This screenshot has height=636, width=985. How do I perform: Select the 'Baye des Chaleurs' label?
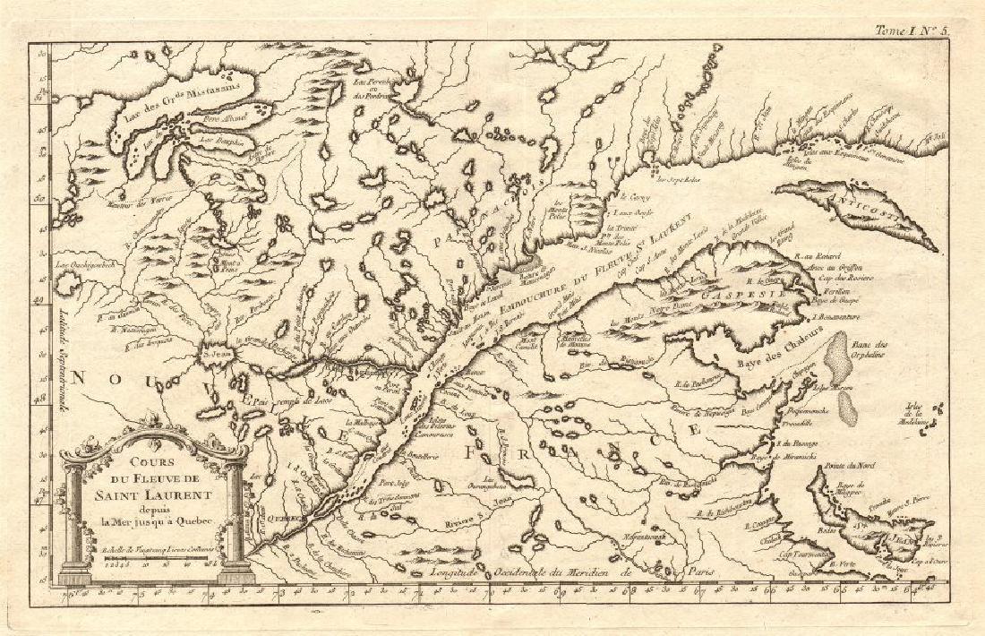pyautogui.click(x=767, y=363)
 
